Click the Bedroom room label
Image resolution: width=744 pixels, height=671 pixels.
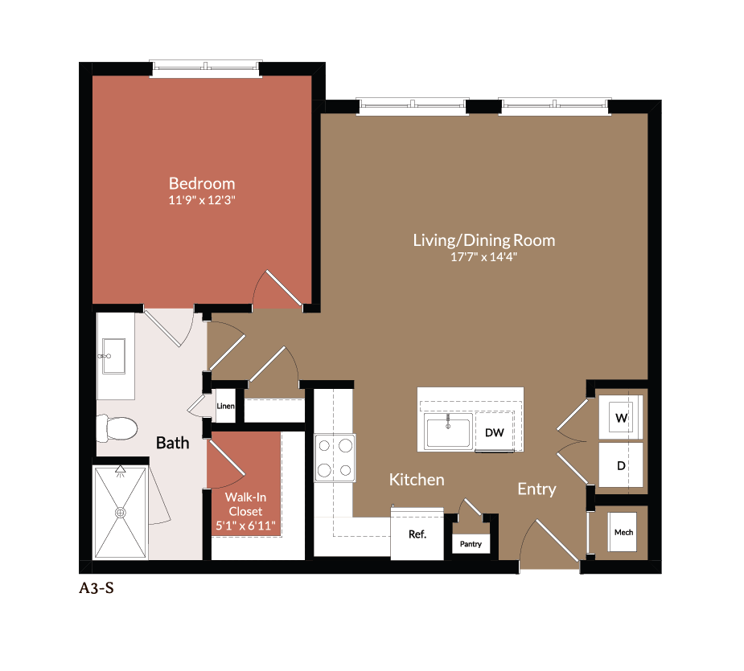coord(201,183)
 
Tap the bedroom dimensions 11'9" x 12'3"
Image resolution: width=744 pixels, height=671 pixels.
coord(201,199)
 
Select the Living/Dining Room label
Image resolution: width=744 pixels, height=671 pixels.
coord(483,240)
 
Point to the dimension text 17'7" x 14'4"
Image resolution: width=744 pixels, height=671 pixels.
coord(483,257)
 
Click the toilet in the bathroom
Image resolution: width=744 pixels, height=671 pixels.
coord(116,428)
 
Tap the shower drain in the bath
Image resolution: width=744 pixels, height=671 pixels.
coord(121,512)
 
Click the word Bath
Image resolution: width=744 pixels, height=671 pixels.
coord(172,443)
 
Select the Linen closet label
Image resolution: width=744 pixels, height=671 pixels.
coord(226,407)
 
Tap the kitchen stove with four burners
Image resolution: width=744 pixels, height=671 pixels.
coord(335,457)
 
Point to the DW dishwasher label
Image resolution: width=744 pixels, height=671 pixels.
coord(494,433)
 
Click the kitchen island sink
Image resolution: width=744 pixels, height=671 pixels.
coord(448,432)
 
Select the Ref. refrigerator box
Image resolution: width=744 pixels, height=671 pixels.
coord(417,534)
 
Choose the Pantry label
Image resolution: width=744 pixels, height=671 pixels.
coord(471,544)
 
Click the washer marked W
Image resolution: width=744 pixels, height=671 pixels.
coord(621,418)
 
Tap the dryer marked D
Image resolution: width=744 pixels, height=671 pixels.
coord(621,465)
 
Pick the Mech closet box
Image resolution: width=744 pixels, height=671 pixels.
coord(623,532)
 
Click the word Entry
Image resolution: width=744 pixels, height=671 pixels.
coord(536,489)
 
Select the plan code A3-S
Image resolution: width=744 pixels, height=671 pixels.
coord(96,588)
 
